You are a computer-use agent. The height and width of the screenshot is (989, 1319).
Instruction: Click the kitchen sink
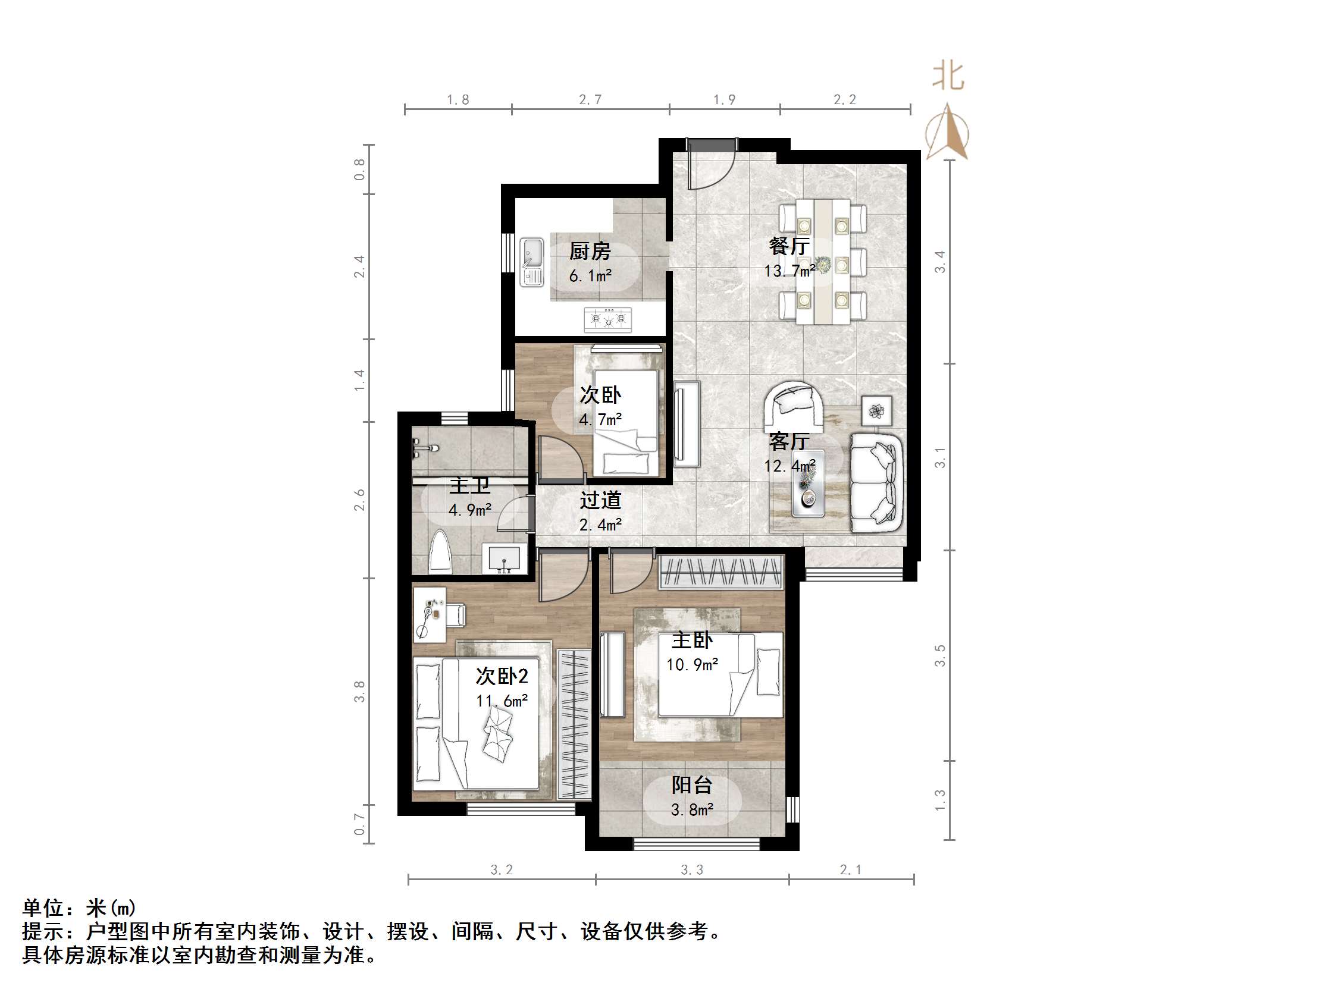click(x=531, y=262)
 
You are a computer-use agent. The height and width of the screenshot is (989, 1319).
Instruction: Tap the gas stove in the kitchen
click(x=607, y=319)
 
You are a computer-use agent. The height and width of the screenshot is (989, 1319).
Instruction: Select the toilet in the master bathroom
click(x=441, y=552)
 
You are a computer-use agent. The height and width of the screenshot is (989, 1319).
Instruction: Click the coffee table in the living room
click(x=808, y=483)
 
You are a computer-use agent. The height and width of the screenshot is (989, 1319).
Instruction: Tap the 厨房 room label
click(x=590, y=251)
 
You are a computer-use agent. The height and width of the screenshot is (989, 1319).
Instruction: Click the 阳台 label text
click(x=692, y=785)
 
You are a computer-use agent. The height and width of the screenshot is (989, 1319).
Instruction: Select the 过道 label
click(x=600, y=500)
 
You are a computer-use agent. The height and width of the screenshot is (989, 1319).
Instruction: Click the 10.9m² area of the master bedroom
click(x=692, y=664)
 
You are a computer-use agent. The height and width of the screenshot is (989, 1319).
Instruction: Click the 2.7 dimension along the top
click(x=590, y=99)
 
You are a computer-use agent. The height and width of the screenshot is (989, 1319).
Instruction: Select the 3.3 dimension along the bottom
click(x=692, y=870)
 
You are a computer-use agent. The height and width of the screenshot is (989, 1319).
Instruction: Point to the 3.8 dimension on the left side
click(x=359, y=692)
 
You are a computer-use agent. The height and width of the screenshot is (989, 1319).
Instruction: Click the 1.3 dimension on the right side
click(x=940, y=800)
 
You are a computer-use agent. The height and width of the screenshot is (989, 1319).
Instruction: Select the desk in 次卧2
click(x=430, y=614)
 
